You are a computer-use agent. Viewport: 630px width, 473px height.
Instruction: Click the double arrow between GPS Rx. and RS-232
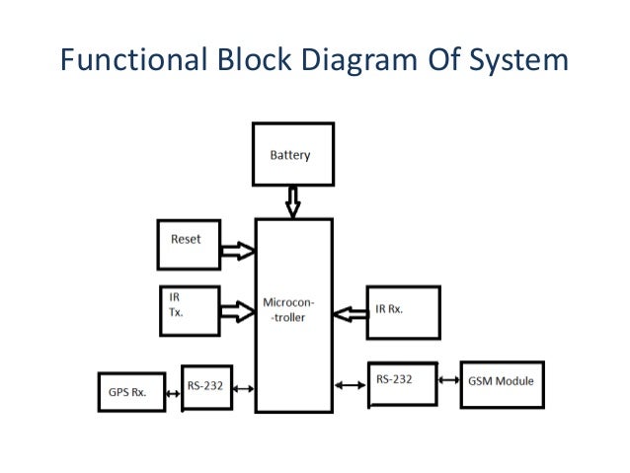(174, 391)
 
